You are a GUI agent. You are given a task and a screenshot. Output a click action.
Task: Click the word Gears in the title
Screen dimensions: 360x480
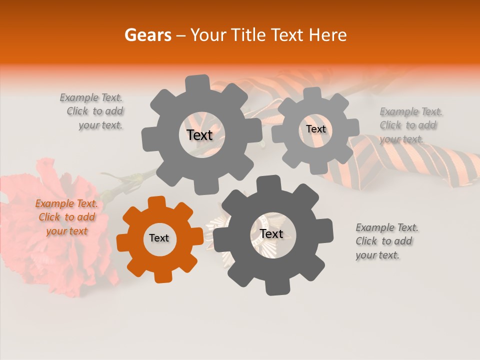tap(147, 35)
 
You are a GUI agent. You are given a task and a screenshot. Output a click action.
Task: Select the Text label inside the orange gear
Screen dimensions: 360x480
tap(159, 238)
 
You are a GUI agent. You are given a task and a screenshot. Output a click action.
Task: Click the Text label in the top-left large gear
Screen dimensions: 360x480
tap(199, 135)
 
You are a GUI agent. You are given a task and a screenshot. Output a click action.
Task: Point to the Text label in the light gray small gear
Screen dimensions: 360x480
tap(315, 129)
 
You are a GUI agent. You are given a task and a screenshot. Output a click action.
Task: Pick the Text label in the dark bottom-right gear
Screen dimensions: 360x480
tap(271, 234)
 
